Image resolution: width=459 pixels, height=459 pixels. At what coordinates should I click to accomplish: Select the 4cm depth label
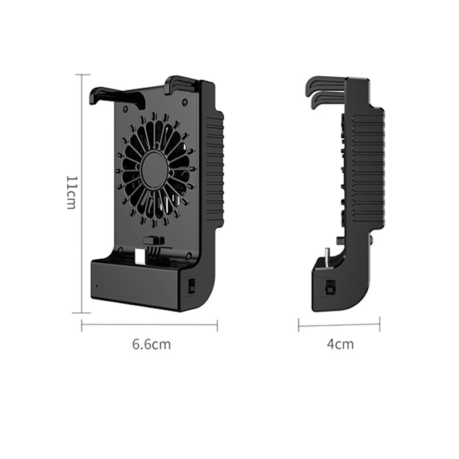(x=340, y=344)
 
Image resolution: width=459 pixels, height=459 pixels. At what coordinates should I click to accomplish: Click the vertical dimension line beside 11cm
(x=82, y=193)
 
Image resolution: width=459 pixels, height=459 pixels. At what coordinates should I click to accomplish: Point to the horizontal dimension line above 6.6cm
(x=149, y=325)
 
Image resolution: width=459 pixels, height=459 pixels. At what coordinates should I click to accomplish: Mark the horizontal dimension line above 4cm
(x=339, y=325)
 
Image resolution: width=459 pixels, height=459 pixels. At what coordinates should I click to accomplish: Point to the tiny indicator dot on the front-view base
(x=96, y=286)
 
